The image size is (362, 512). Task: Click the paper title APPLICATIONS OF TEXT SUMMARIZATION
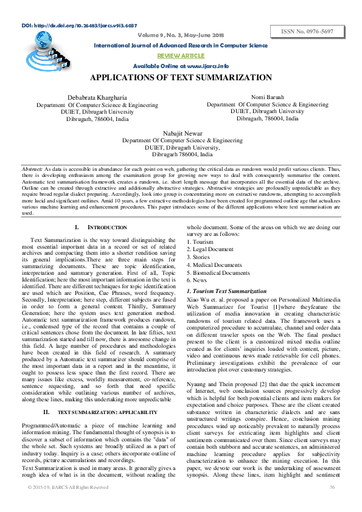181,78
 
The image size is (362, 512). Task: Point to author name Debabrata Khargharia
97,98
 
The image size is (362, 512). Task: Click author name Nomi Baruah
267,97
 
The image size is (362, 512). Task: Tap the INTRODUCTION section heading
93,227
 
